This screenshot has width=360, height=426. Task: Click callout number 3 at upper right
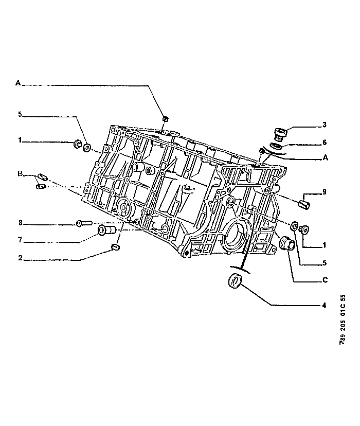coord(324,125)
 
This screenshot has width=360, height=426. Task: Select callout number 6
coord(325,143)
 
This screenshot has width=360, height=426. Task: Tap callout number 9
coord(324,192)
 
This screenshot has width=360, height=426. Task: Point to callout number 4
coord(324,306)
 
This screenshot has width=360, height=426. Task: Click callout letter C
coord(325,280)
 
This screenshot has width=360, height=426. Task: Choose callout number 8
coord(21,223)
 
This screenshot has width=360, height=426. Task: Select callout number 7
coord(20,240)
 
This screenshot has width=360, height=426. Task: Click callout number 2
coord(21,258)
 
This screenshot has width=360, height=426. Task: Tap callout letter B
coord(20,173)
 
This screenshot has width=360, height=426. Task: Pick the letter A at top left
coord(18,83)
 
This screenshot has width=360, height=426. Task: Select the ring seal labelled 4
coord(235,281)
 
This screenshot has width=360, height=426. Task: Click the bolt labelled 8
coord(84,223)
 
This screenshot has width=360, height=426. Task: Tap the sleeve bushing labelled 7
coord(106,230)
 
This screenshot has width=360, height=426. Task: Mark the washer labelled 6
coord(277,146)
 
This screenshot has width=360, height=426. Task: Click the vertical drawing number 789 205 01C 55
coord(343,319)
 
